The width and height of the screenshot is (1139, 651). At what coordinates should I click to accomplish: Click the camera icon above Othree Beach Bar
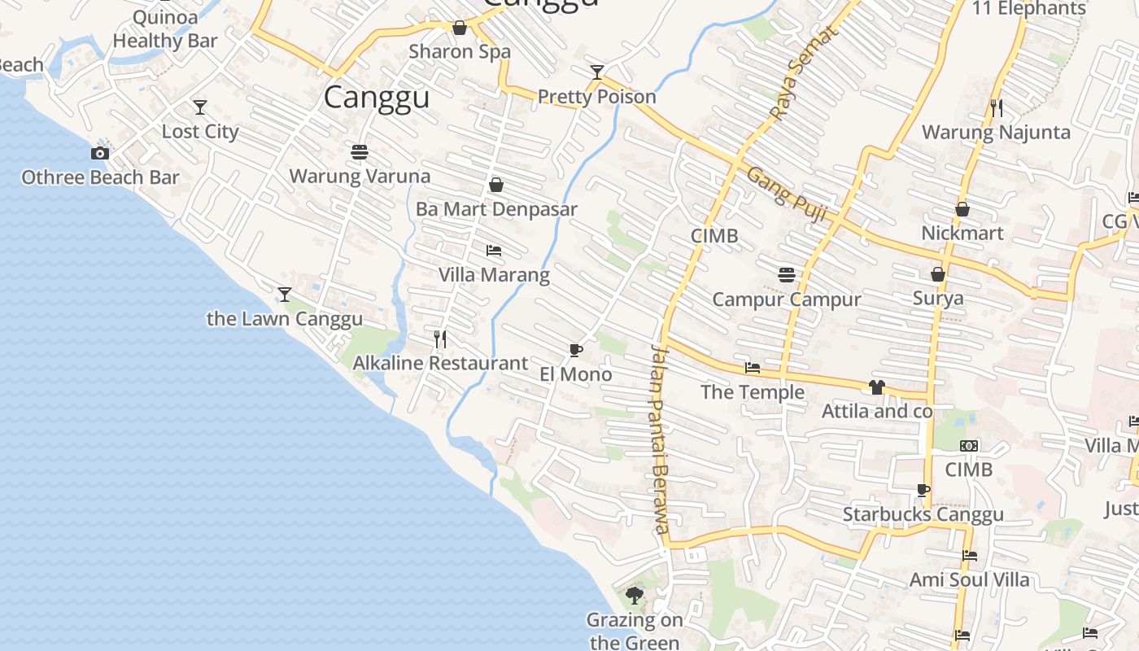[100, 153]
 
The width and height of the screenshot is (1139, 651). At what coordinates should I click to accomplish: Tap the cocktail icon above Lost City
[199, 107]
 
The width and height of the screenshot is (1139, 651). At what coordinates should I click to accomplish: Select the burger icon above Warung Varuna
[360, 151]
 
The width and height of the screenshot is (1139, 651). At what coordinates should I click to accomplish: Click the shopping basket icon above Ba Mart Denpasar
[496, 185]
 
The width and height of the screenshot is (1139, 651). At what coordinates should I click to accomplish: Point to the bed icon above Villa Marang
[494, 250]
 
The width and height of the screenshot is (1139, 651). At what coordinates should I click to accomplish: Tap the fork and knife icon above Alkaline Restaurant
[440, 339]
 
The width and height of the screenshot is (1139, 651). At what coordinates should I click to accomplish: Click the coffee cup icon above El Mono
[576, 350]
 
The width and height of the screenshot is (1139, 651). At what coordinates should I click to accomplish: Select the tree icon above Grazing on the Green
[635, 596]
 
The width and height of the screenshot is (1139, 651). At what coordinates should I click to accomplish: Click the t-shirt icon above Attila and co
[876, 387]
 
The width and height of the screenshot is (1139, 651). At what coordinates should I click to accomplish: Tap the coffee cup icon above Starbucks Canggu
[923, 490]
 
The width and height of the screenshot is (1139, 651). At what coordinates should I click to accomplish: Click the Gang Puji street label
[787, 195]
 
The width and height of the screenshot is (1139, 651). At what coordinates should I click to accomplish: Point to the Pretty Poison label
[597, 97]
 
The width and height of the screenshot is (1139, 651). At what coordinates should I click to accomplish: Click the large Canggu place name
[377, 98]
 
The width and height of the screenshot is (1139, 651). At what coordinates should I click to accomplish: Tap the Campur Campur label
[787, 299]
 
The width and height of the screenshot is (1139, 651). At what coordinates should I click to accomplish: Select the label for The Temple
[753, 392]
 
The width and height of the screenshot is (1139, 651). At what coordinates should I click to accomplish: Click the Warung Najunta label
[996, 132]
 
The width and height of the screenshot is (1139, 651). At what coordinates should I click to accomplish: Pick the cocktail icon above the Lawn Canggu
[285, 294]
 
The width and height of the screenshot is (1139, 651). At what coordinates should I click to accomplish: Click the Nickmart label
[962, 234]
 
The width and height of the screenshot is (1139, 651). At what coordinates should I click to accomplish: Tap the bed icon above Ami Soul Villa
[969, 556]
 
